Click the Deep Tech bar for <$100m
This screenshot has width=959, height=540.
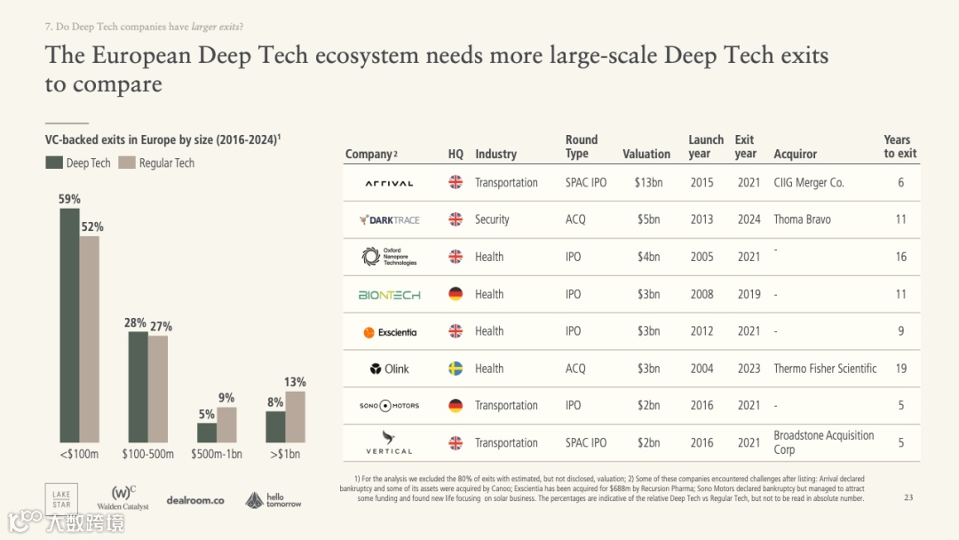[x=69, y=325]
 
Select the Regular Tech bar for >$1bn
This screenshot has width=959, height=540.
[x=296, y=417]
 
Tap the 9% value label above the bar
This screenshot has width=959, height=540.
[x=226, y=398]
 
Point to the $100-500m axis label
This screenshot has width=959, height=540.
[x=148, y=454]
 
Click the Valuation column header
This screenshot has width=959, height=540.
[x=646, y=154]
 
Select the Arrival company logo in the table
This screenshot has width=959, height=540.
[x=389, y=183]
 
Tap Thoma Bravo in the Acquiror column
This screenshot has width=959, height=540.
[x=802, y=219]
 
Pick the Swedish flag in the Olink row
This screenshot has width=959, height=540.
[x=456, y=369]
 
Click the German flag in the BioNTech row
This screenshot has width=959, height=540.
[x=456, y=294]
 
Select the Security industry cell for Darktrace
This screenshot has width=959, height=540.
[x=492, y=219]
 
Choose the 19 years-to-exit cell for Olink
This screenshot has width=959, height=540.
[x=901, y=369]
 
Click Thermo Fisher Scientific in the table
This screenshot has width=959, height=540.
[x=825, y=369]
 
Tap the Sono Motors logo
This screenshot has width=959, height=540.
[x=389, y=406]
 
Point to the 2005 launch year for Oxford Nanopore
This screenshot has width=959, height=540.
[x=701, y=257]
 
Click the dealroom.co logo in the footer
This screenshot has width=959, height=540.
[x=194, y=500]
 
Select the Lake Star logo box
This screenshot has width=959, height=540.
[x=61, y=499]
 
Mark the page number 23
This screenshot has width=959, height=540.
[x=907, y=497]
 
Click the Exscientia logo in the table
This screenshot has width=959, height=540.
[x=390, y=332]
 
